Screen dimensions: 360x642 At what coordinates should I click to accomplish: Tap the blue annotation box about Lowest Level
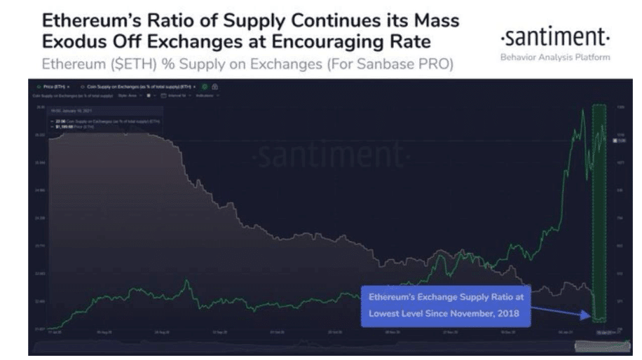[446, 305]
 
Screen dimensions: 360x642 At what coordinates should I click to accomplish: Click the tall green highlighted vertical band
[599, 210]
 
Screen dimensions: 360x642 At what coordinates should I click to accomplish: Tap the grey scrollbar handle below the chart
[595, 346]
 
